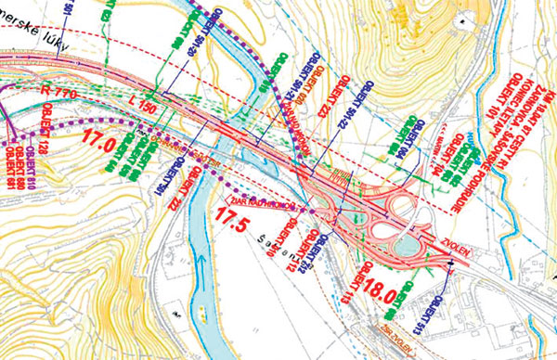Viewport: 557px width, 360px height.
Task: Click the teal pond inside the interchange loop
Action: point(406,243)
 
